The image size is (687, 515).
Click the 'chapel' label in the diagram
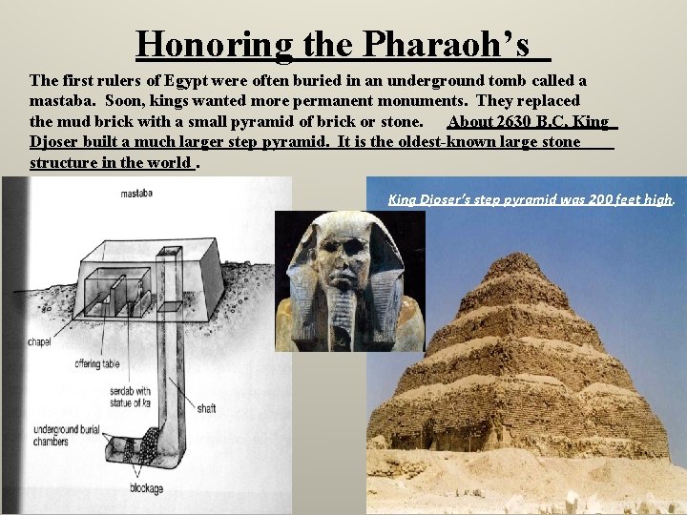(x=40, y=340)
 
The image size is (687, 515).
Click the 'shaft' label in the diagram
(x=206, y=409)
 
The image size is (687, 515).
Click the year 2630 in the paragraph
(x=515, y=122)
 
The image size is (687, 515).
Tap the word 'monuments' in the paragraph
(x=419, y=100)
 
